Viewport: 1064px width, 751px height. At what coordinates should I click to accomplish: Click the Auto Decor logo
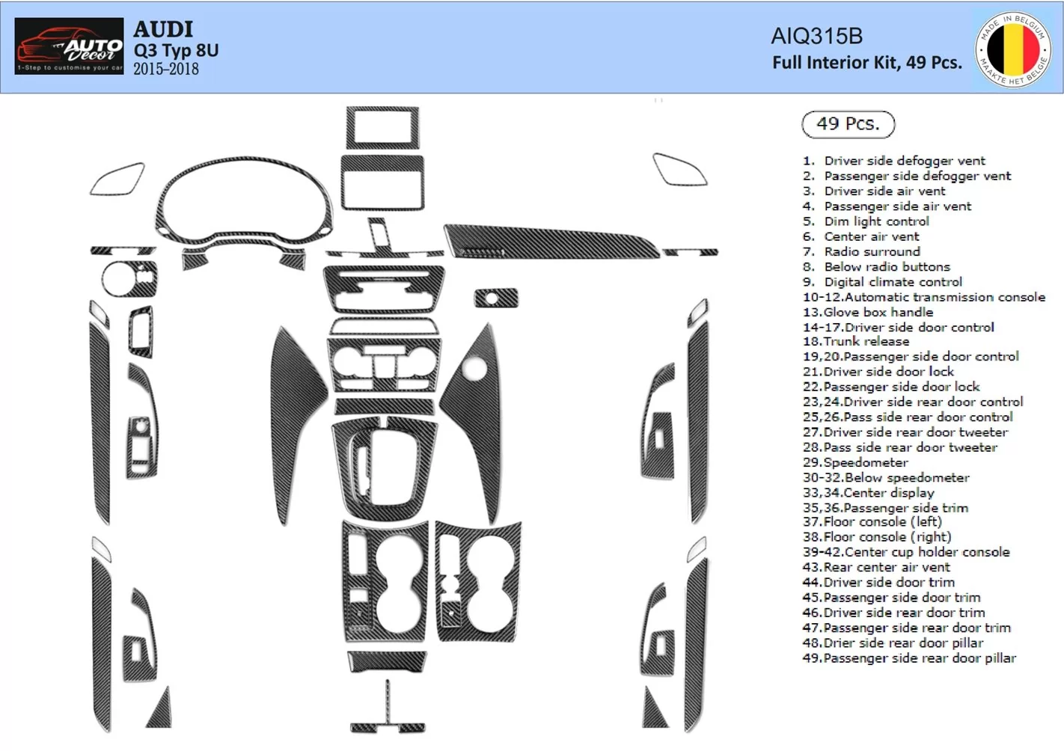click(x=69, y=46)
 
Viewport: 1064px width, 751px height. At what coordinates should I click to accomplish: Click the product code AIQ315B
click(x=816, y=36)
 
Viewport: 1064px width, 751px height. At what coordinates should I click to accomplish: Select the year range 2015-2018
click(x=165, y=70)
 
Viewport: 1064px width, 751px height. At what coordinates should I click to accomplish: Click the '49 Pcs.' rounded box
click(x=848, y=124)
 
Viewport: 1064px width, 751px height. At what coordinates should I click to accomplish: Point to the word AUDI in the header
click(x=163, y=29)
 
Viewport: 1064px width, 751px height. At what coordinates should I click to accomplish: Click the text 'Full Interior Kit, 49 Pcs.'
click(x=866, y=63)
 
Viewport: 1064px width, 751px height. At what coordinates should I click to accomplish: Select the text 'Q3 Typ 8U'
click(x=176, y=50)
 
